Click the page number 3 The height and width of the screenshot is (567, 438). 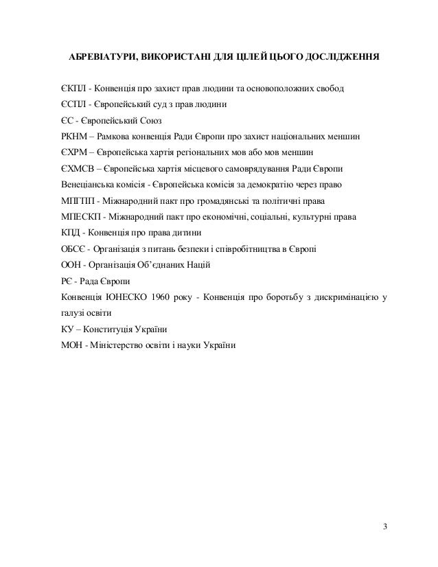click(x=385, y=526)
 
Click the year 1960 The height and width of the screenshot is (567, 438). click(x=167, y=296)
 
